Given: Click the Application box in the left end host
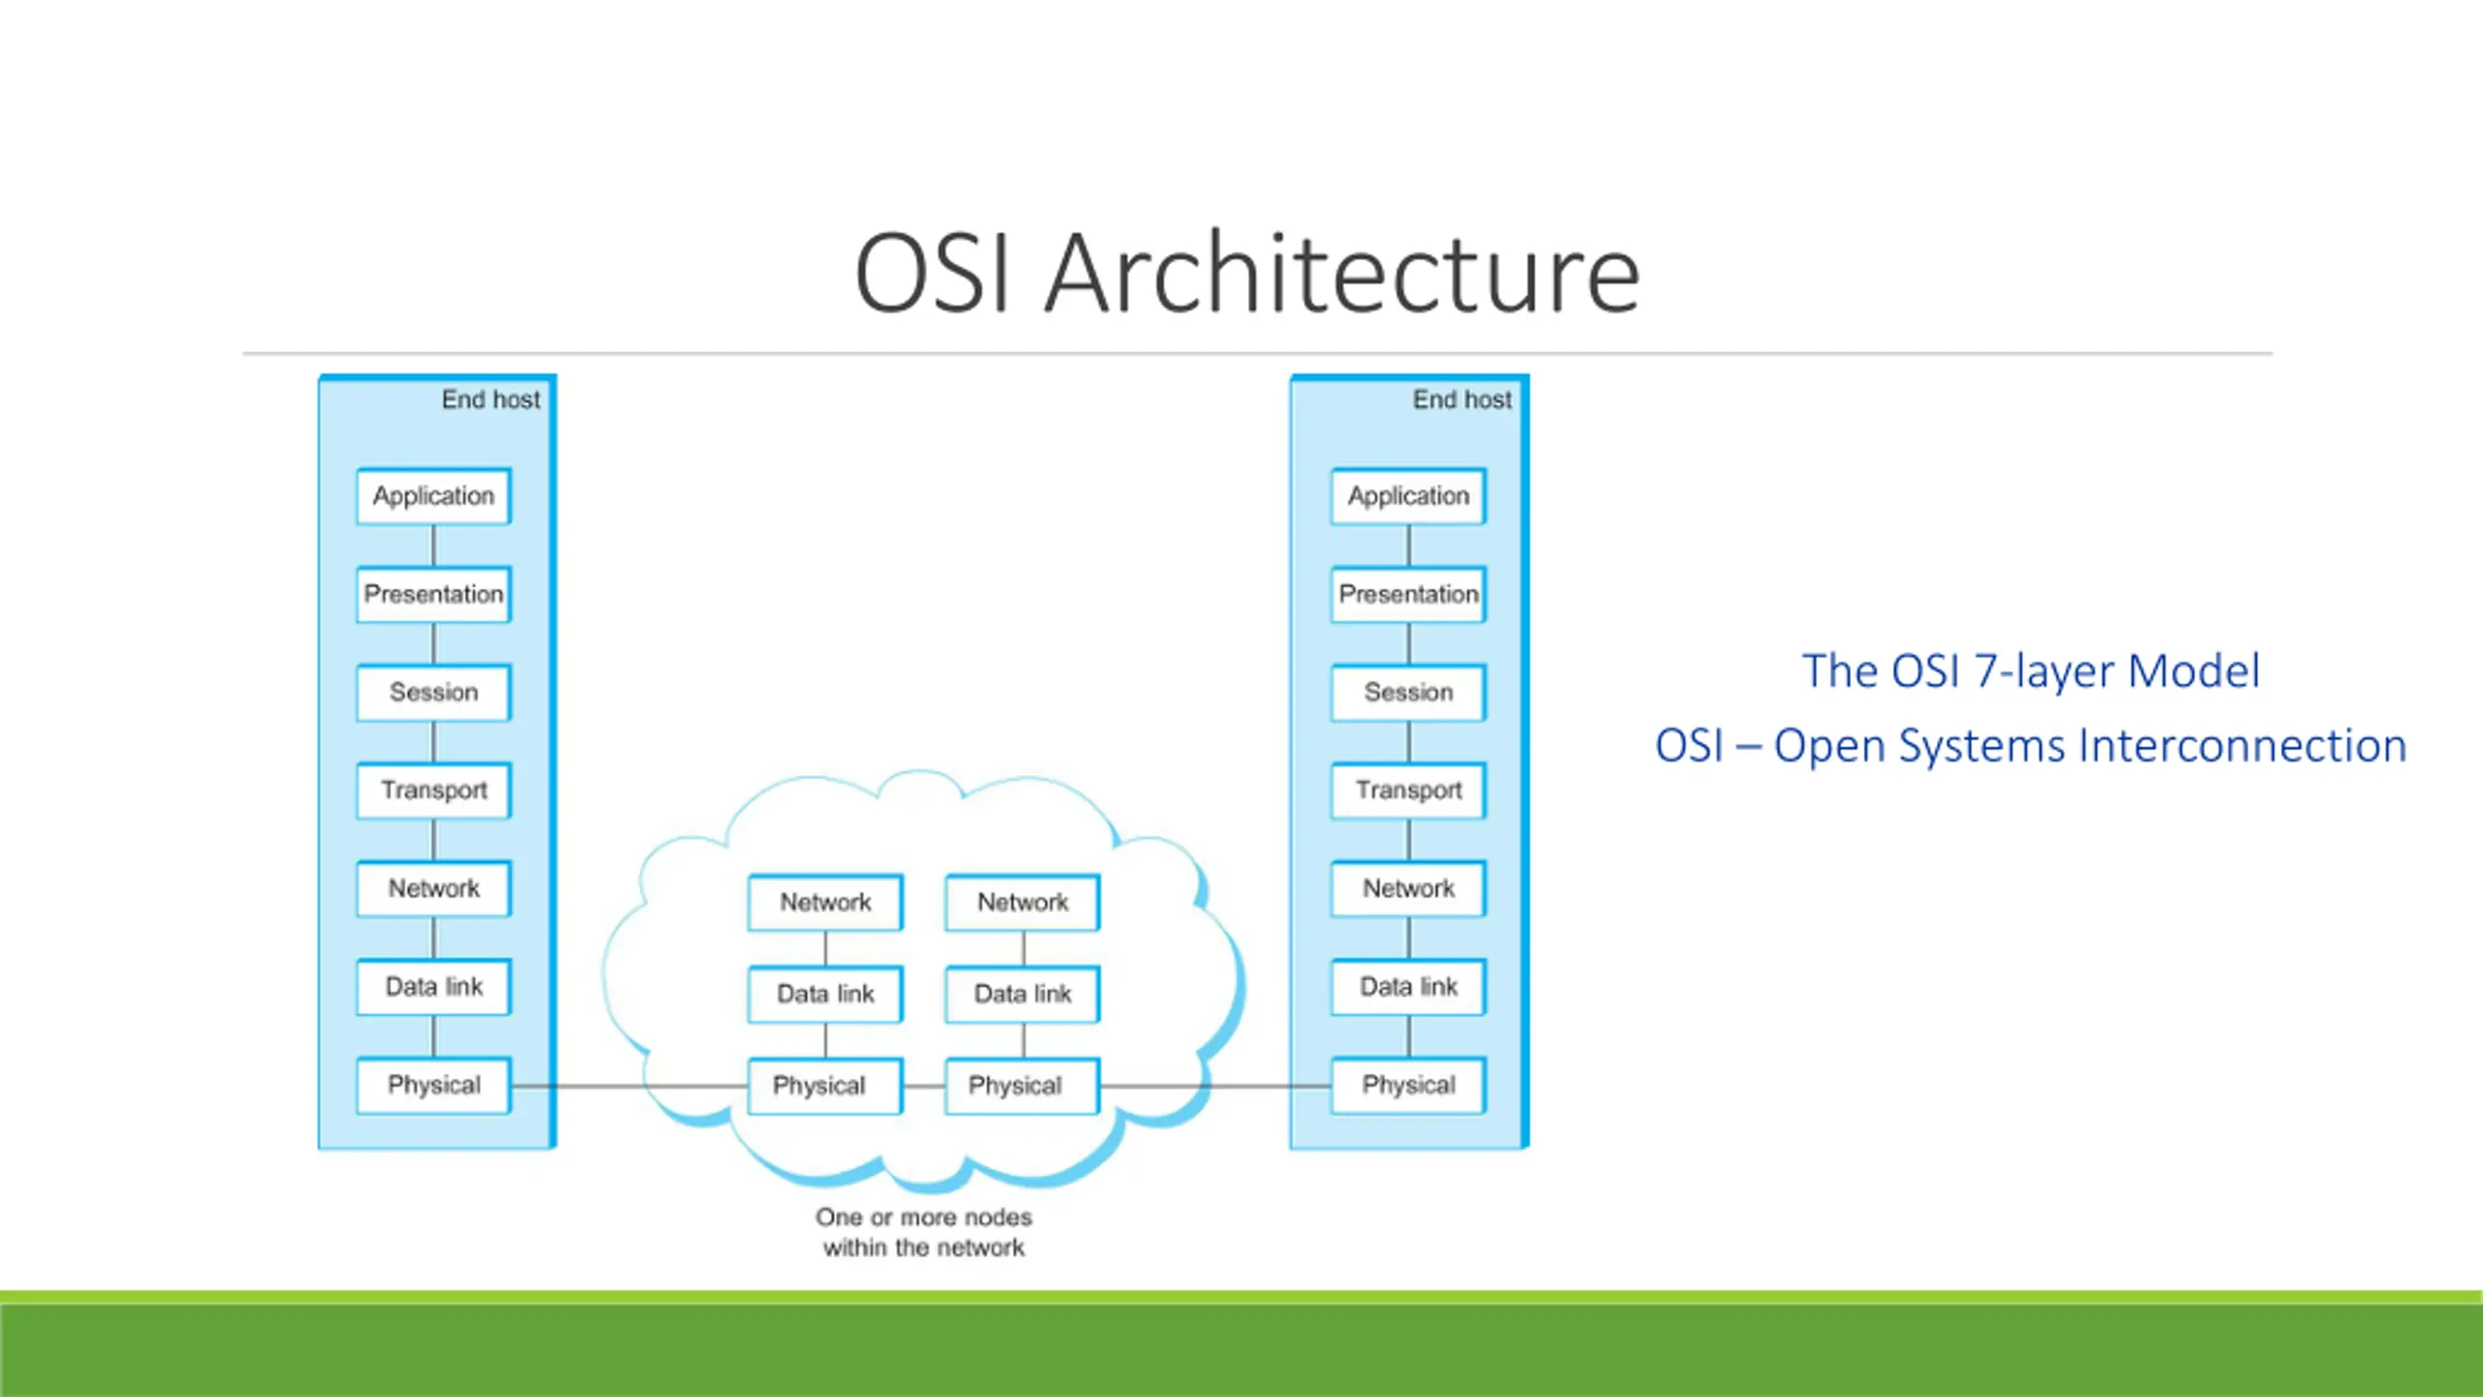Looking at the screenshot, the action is [434, 497].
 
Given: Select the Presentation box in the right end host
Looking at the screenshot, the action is [1408, 595].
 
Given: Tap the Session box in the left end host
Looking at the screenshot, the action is [434, 693].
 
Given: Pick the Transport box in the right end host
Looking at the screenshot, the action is [1408, 791].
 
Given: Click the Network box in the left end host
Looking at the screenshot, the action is [434, 889].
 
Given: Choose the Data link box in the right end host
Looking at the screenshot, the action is [1408, 988].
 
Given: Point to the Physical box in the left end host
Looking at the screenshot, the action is [434, 1086].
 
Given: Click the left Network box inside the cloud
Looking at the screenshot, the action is [825, 903].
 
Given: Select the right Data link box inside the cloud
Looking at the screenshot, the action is [1022, 994].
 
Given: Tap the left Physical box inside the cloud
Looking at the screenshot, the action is [825, 1086].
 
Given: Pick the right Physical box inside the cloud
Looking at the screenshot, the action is [1022, 1086].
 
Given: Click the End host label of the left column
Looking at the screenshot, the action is [491, 400].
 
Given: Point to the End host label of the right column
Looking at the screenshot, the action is [1462, 400].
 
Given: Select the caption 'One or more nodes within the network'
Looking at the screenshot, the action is [923, 1232].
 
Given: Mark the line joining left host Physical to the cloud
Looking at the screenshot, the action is [629, 1086].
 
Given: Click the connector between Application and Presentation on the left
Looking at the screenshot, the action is [434, 546].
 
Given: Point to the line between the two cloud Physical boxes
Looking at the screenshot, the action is [924, 1086].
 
